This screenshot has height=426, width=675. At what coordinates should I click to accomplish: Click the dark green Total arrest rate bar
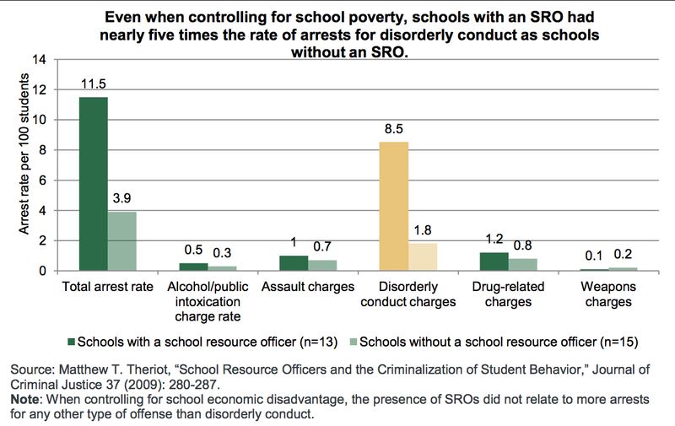pos(94,184)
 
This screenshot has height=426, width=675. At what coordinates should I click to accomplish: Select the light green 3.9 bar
pos(121,241)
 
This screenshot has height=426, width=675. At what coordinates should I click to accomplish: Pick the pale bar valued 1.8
pos(424,256)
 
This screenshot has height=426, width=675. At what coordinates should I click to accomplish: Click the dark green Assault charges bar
pos(294,263)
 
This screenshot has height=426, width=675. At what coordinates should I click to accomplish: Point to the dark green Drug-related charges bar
pos(495,262)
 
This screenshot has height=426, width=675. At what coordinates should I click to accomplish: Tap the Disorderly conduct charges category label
pos(408,294)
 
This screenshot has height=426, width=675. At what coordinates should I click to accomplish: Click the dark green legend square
pos(71,342)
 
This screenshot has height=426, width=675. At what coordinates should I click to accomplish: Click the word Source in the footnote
pos(30,370)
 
